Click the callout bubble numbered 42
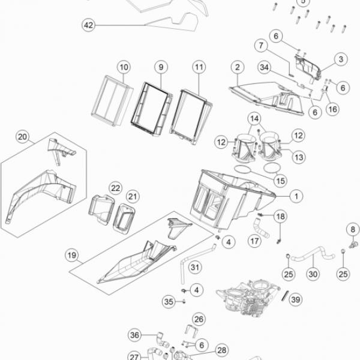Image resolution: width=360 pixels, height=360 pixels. coord(89,25)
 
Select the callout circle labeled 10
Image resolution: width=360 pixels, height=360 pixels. coord(124,67)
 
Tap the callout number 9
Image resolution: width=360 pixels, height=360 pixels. coord(161,67)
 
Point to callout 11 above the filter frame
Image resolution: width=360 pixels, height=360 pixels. coord(199,67)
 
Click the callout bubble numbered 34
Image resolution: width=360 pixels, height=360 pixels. coord(264,67)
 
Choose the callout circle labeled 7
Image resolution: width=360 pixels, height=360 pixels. coord(261,46)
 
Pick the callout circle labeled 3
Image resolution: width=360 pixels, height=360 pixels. coord(341,59)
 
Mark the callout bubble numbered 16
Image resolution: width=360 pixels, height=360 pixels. coord(332,109)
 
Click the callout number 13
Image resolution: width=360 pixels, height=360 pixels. coord(299,157)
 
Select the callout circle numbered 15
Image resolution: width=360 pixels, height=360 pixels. coord(280,181)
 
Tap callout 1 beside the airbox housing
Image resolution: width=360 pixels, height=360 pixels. coord(296,196)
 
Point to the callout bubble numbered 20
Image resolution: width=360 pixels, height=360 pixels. coord(22,137)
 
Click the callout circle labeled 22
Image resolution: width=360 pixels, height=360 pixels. coord(115,188)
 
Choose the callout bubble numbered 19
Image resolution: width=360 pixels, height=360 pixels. coord(72,255)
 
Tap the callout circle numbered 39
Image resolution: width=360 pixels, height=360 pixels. coord(295,299)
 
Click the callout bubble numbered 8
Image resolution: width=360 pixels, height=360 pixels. coord(353,229)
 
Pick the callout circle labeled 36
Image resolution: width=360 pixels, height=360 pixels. coord(134,335)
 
